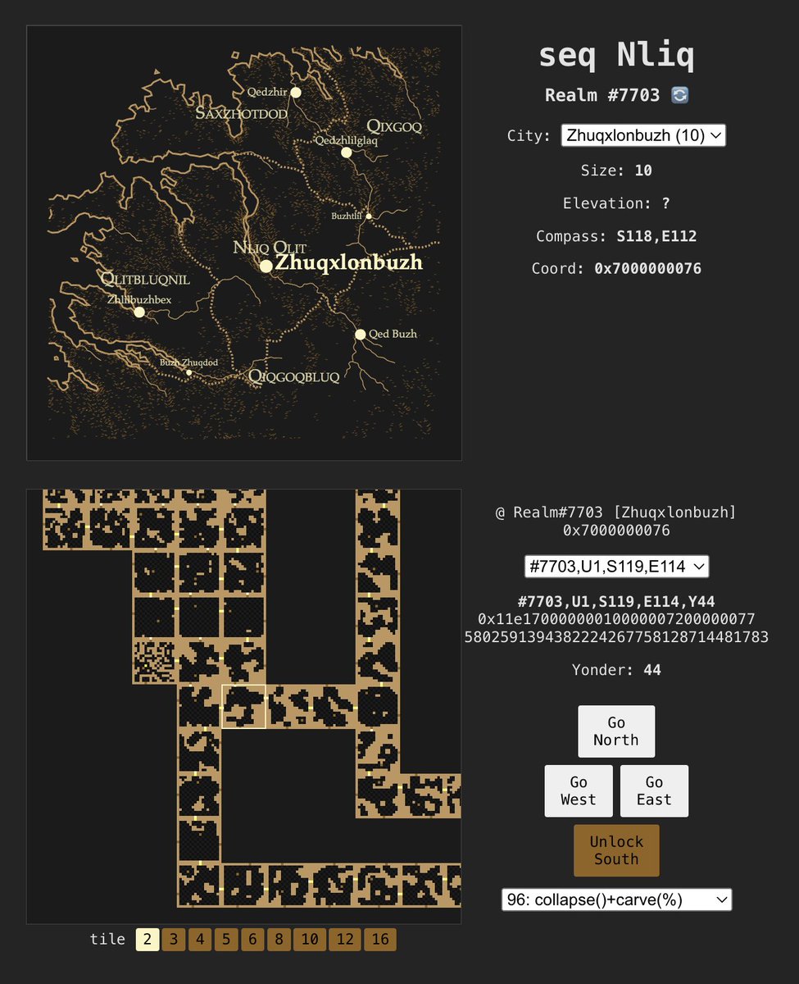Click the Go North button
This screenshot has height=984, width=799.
[x=616, y=731]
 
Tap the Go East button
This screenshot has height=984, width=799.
[x=654, y=791]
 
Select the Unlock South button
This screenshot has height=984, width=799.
[x=616, y=850]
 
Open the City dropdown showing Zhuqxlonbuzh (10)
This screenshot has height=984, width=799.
[x=643, y=135]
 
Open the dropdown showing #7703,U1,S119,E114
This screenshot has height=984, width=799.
[x=616, y=566]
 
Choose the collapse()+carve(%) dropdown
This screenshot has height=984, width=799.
[x=616, y=900]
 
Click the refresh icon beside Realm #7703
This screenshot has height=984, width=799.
[x=679, y=95]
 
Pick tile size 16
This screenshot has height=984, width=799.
[x=380, y=940]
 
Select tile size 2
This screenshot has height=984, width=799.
[x=148, y=940]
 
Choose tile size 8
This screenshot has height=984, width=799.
[x=279, y=940]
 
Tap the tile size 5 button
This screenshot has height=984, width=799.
[x=226, y=940]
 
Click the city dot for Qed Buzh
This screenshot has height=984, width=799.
[x=360, y=334]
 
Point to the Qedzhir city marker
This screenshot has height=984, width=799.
[x=296, y=93]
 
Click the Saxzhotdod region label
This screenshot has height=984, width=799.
[x=242, y=114]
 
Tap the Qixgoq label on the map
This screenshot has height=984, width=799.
[x=394, y=126]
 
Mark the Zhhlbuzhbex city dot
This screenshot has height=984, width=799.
[x=139, y=312]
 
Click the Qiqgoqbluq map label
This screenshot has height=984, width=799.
[x=293, y=377]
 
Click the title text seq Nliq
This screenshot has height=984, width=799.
[x=616, y=56]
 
